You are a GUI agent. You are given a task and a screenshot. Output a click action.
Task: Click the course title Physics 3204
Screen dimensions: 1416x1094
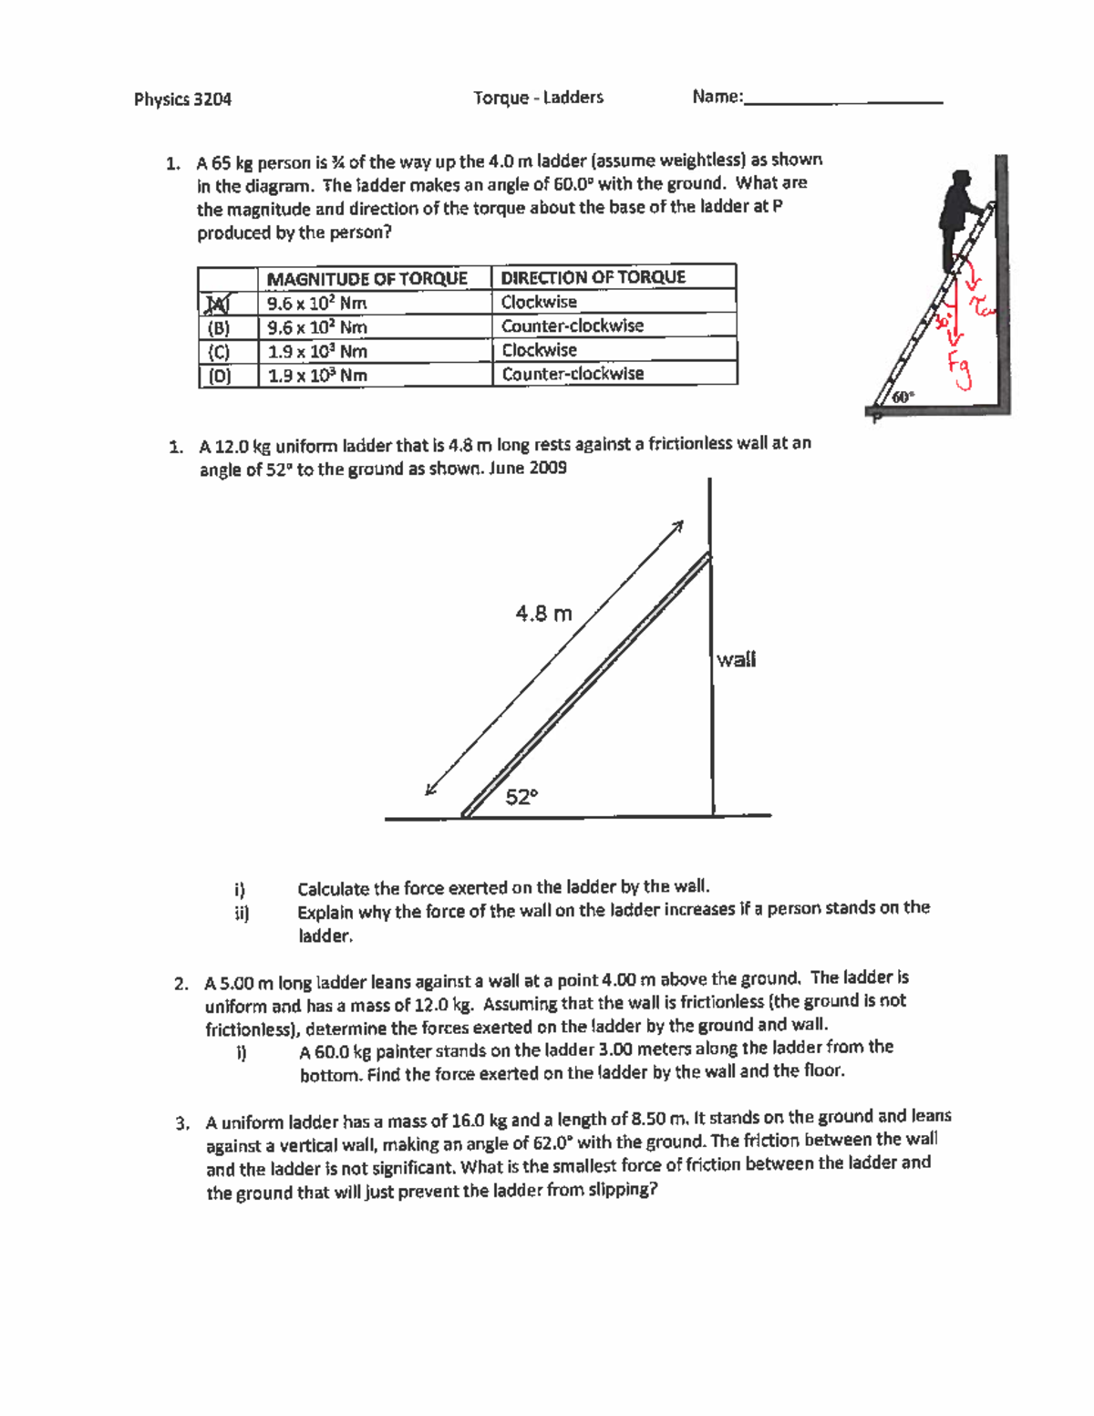pos(182,99)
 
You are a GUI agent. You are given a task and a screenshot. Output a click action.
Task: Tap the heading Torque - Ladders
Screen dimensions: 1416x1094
pos(538,98)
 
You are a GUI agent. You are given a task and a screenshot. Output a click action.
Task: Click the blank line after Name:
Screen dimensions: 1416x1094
pos(843,100)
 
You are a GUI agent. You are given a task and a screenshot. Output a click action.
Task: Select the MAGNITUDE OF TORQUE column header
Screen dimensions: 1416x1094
pos(366,278)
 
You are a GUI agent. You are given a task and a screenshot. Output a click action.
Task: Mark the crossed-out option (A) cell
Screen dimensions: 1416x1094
pos(219,303)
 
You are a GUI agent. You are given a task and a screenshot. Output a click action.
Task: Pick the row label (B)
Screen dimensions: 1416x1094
pos(219,327)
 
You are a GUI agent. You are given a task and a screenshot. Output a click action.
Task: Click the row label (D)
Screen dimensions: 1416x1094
pos(219,376)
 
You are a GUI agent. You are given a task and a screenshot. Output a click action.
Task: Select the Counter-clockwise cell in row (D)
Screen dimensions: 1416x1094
pos(573,374)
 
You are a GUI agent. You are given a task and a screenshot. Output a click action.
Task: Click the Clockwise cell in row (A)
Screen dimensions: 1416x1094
pos(539,302)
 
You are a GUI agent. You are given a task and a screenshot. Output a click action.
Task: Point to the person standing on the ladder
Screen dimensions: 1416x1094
pos(959,214)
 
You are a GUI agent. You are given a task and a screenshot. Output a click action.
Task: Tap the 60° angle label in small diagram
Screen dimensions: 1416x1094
pos(903,397)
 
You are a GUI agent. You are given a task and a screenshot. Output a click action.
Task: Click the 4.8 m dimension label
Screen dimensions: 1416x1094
pos(543,614)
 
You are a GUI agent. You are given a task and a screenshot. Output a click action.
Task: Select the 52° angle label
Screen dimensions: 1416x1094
pos(521,797)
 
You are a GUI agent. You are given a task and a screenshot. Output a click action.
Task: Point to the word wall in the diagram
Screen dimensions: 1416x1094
pos(736,659)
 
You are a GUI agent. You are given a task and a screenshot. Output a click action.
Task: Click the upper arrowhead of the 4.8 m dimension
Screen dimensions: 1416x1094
pos(677,526)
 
